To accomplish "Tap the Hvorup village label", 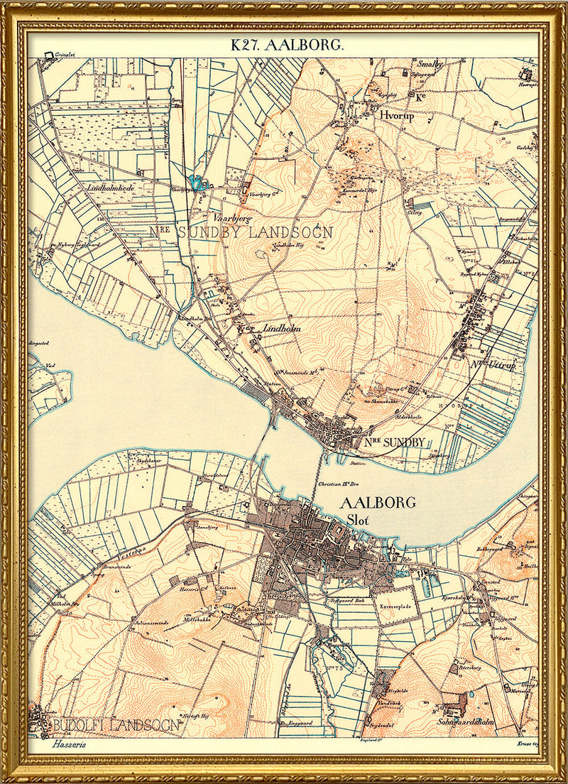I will pos(396,117).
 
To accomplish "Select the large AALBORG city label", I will pos(378,503).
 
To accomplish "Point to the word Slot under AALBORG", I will pos(359,519).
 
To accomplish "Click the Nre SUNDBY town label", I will pos(395,442).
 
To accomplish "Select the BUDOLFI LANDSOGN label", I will pos(115,725).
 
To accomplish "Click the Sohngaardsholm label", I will pos(466,722).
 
